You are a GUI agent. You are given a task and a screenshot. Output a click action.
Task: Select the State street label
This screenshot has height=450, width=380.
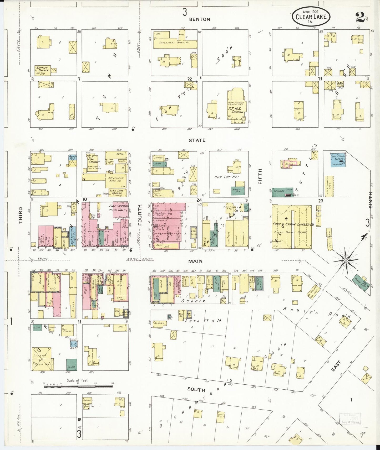pyautogui.click(x=197, y=140)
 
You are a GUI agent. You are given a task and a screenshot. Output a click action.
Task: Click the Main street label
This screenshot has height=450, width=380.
pyautogui.click(x=195, y=261)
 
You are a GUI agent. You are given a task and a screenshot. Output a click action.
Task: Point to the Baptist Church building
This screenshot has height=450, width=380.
pyautogui.click(x=43, y=70)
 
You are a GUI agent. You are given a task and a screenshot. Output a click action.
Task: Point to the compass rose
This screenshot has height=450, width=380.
pyautogui.click(x=346, y=260)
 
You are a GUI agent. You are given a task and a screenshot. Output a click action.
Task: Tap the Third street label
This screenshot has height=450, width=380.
pyautogui.click(x=21, y=215)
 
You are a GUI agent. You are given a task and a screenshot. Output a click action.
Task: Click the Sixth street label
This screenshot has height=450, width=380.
pyautogui.click(x=371, y=200)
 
